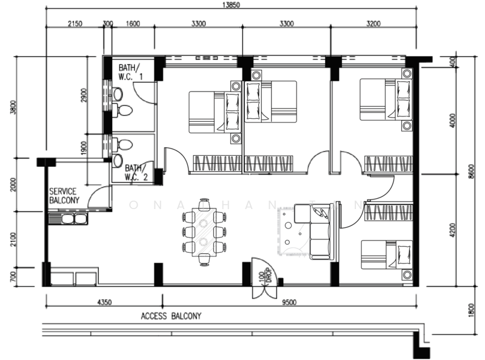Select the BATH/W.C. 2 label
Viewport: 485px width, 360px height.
pyautogui.click(x=136, y=173)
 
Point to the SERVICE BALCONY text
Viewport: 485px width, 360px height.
pyautogui.click(x=64, y=195)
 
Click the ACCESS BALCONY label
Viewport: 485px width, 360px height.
pyautogui.click(x=171, y=316)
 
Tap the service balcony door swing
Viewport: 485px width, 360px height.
pyautogui.click(x=97, y=197)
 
